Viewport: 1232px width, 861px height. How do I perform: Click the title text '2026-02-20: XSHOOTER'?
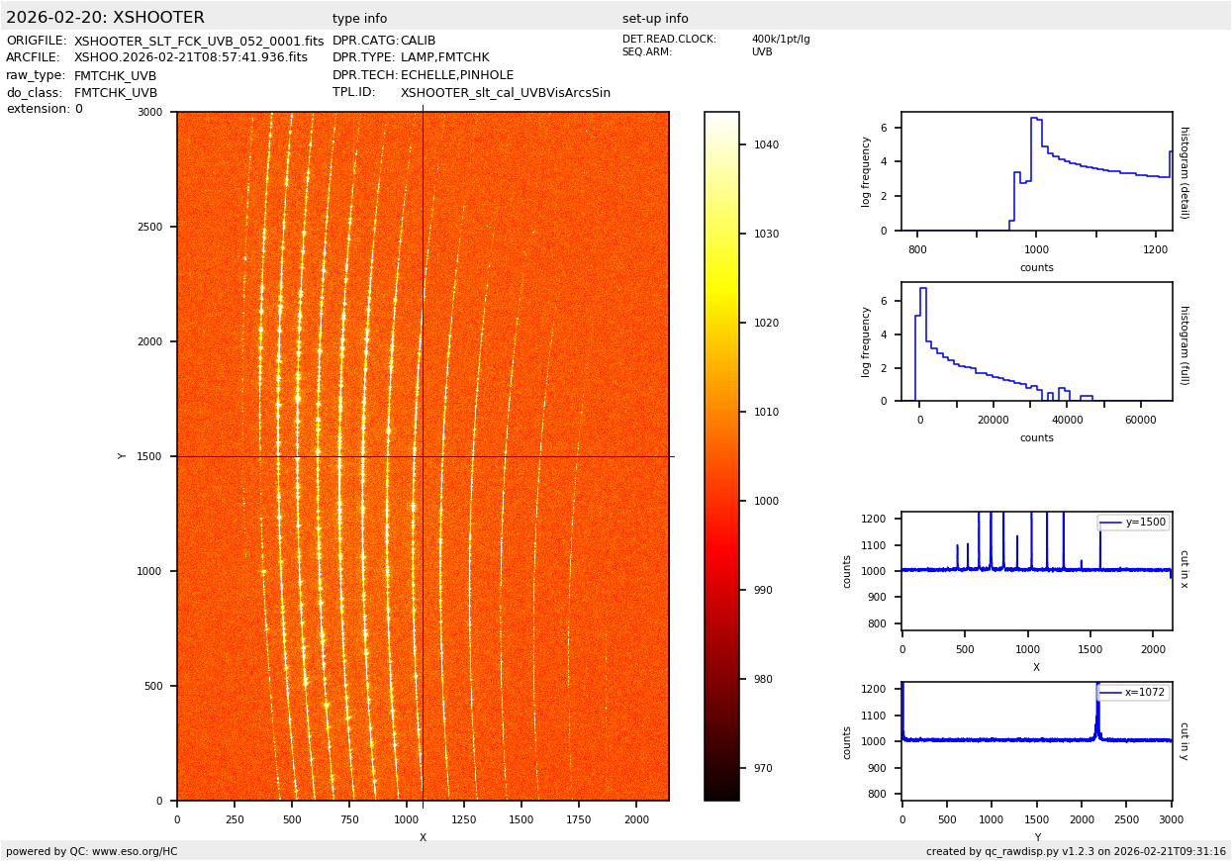coord(105,18)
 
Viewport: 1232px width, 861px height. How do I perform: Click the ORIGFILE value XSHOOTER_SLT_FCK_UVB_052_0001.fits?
coord(199,42)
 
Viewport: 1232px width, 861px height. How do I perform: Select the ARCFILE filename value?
coord(191,58)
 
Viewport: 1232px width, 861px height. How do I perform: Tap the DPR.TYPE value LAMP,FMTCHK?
coord(444,58)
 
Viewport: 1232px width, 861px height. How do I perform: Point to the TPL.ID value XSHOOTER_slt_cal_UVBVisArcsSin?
coord(505,93)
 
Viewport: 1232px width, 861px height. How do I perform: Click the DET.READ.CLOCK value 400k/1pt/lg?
coord(780,40)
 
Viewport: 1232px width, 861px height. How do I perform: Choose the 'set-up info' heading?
coord(655,19)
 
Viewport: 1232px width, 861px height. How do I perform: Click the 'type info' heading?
coord(359,19)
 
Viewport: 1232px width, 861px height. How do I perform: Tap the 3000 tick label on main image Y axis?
coord(149,113)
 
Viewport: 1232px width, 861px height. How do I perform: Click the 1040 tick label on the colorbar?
coord(766,144)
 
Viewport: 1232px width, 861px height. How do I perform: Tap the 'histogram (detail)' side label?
coord(1184,171)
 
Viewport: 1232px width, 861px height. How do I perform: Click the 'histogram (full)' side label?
coord(1184,344)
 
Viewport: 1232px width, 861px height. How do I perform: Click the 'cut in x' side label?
coord(1184,569)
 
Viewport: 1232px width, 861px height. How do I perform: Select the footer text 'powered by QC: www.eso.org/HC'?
coord(92,851)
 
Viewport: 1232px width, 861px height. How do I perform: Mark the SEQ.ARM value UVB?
coord(762,52)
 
